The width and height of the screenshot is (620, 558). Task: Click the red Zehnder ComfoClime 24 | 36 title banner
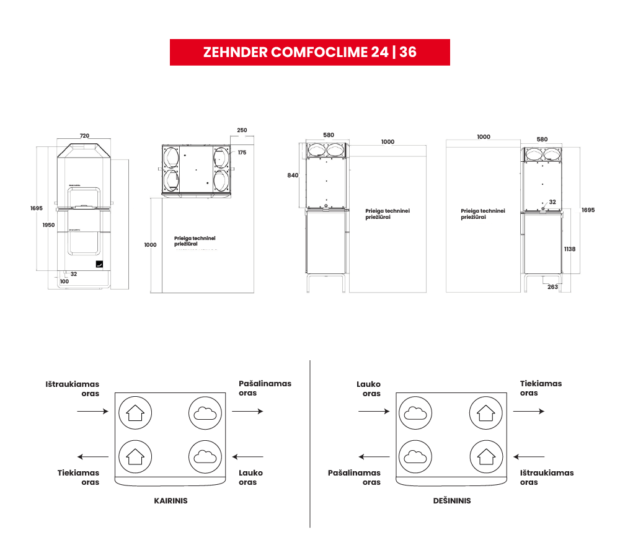pyautogui.click(x=309, y=52)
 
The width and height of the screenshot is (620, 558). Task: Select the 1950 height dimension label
pyautogui.click(x=48, y=224)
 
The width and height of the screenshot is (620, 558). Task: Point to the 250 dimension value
pyautogui.click(x=242, y=131)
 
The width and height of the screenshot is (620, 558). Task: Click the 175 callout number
pyautogui.click(x=242, y=153)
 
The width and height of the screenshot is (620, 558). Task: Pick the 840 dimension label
pyautogui.click(x=293, y=175)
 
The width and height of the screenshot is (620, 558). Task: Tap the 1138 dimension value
pyautogui.click(x=570, y=249)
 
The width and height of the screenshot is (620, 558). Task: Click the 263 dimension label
pyautogui.click(x=552, y=286)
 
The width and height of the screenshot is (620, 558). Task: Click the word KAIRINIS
pyautogui.click(x=170, y=501)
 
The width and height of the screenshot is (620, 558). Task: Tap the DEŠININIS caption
pyautogui.click(x=451, y=501)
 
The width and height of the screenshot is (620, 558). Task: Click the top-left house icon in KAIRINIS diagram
pyautogui.click(x=134, y=411)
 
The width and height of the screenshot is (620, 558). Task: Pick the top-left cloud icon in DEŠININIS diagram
pyautogui.click(x=414, y=411)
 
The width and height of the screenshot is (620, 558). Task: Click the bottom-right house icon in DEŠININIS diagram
pyautogui.click(x=484, y=456)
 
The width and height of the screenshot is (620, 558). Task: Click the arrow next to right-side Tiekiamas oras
pyautogui.click(x=529, y=411)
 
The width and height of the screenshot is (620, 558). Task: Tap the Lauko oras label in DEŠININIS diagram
pyautogui.click(x=368, y=389)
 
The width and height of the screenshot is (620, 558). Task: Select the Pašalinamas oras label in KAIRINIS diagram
pyautogui.click(x=265, y=388)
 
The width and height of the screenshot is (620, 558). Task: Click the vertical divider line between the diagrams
pyautogui.click(x=310, y=443)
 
